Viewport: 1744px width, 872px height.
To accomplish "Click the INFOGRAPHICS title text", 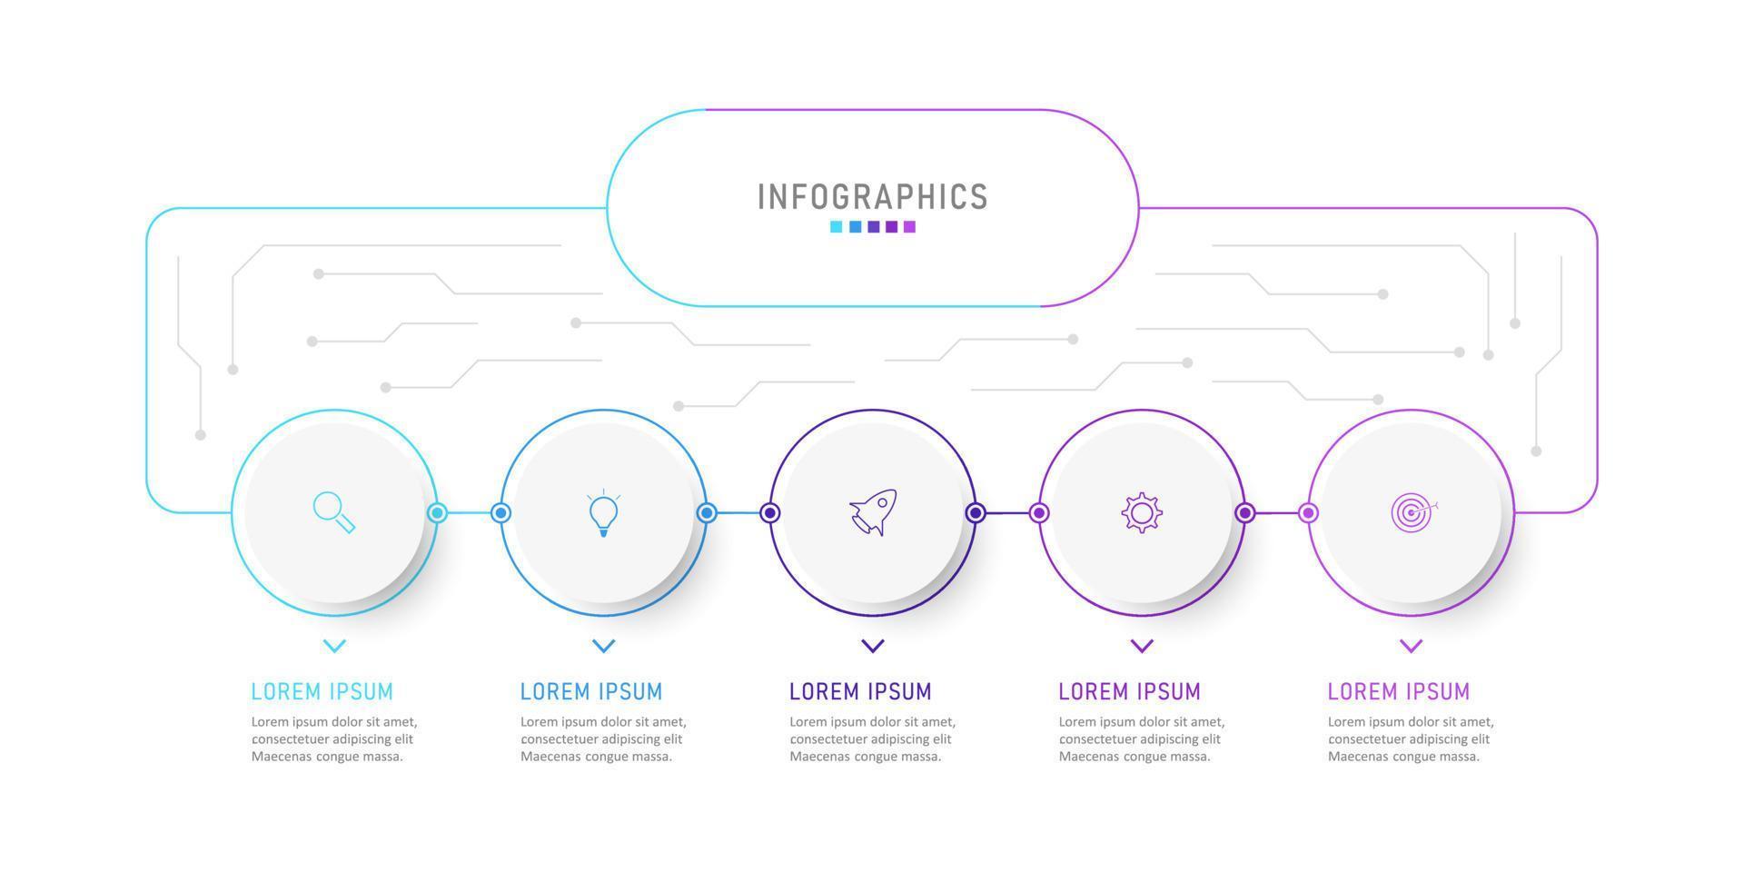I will point(872,197).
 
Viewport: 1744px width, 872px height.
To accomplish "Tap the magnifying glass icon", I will point(334,512).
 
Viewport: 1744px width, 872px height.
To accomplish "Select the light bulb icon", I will point(603,513).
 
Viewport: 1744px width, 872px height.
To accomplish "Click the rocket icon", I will point(873,513).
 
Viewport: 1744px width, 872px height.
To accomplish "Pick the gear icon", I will point(1142,513).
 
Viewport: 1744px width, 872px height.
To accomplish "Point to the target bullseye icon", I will point(1412,513).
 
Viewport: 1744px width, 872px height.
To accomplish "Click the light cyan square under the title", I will point(837,227).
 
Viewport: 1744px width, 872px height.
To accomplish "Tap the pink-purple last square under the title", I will point(909,227).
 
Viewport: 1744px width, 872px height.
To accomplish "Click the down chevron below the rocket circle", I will point(873,646).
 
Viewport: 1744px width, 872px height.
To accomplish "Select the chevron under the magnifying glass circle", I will point(334,646).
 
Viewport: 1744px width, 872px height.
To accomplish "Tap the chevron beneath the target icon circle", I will point(1411,646).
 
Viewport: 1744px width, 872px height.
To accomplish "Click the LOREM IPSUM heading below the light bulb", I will point(591,691).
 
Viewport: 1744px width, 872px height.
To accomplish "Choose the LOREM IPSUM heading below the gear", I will point(1129,691).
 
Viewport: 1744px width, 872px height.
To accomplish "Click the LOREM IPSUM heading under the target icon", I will point(1399,691).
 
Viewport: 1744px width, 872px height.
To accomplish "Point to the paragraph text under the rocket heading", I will point(872,738).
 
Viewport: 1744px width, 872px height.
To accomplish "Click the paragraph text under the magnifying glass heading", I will point(334,738).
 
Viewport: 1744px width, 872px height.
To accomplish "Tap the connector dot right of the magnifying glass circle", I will point(437,513).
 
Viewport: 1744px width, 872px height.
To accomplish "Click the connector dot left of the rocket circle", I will point(770,513).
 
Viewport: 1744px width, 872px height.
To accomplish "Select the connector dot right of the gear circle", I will point(1245,513).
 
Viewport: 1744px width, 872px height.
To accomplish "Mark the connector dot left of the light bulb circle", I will point(500,513).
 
